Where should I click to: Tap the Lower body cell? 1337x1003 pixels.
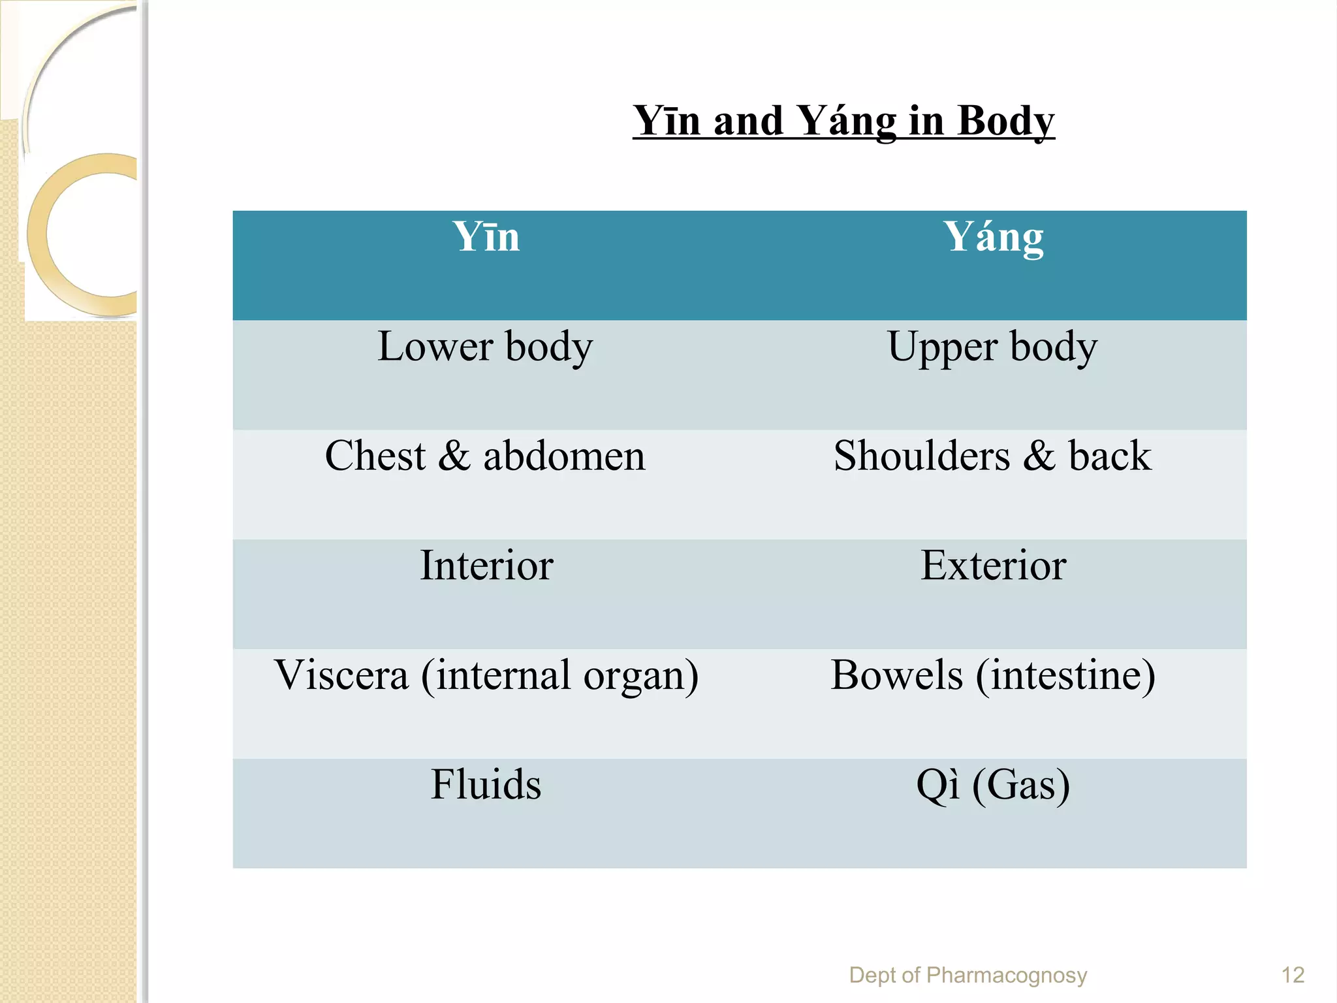pyautogui.click(x=485, y=347)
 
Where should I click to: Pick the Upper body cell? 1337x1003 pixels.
pyautogui.click(x=992, y=347)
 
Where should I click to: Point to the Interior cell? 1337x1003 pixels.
pyautogui.click(x=486, y=565)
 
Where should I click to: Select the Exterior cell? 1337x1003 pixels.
pyautogui.click(x=993, y=565)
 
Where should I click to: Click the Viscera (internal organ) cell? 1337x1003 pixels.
pyautogui.click(x=486, y=675)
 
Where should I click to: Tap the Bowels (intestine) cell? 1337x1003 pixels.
pyautogui.click(x=993, y=675)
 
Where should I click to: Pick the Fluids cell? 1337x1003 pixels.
pyautogui.click(x=486, y=784)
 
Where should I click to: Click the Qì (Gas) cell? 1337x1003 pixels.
pyautogui.click(x=993, y=784)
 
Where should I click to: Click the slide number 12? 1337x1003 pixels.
pyautogui.click(x=1293, y=976)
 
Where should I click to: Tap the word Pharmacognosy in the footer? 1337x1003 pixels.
pyautogui.click(x=1007, y=976)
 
